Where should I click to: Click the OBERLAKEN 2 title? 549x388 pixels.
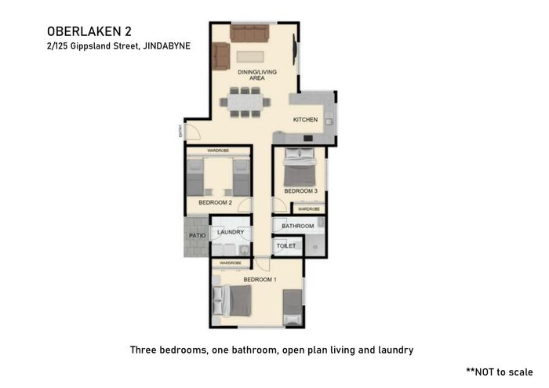pyautogui.click(x=89, y=31)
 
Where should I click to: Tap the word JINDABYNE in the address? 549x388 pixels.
pyautogui.click(x=167, y=45)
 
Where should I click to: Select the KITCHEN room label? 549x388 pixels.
pyautogui.click(x=305, y=120)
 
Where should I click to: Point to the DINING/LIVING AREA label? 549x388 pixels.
pyautogui.click(x=257, y=75)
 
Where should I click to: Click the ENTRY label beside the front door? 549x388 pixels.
pyautogui.click(x=180, y=131)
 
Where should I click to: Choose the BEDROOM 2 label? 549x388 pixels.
pyautogui.click(x=216, y=202)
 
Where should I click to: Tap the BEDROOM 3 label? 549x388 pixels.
pyautogui.click(x=300, y=191)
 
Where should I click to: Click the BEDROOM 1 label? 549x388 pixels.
pyautogui.click(x=260, y=280)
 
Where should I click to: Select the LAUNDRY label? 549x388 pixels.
pyautogui.click(x=231, y=232)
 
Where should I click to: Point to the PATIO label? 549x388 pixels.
pyautogui.click(x=197, y=235)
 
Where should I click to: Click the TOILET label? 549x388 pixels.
pyautogui.click(x=286, y=246)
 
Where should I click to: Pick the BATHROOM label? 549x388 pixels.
pyautogui.click(x=297, y=226)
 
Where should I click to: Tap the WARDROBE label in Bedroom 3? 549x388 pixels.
pyautogui.click(x=309, y=209)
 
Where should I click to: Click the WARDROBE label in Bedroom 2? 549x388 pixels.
pyautogui.click(x=218, y=150)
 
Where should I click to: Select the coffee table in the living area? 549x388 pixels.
pyautogui.click(x=250, y=56)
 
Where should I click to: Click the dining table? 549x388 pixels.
pyautogui.click(x=245, y=103)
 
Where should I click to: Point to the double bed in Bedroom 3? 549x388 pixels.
pyautogui.click(x=300, y=167)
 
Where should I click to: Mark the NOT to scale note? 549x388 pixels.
pyautogui.click(x=500, y=372)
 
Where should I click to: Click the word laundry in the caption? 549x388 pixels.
pyautogui.click(x=395, y=350)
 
